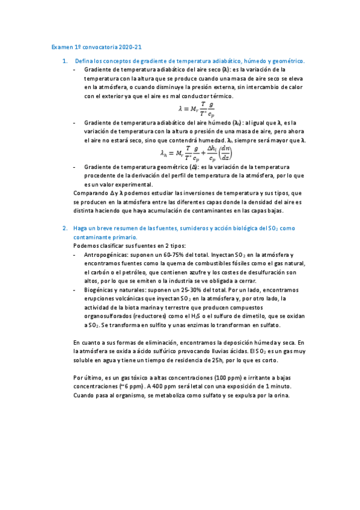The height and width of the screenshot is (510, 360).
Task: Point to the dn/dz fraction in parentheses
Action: (x=227, y=153)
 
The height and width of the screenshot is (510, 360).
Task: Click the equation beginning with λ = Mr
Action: (x=197, y=109)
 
